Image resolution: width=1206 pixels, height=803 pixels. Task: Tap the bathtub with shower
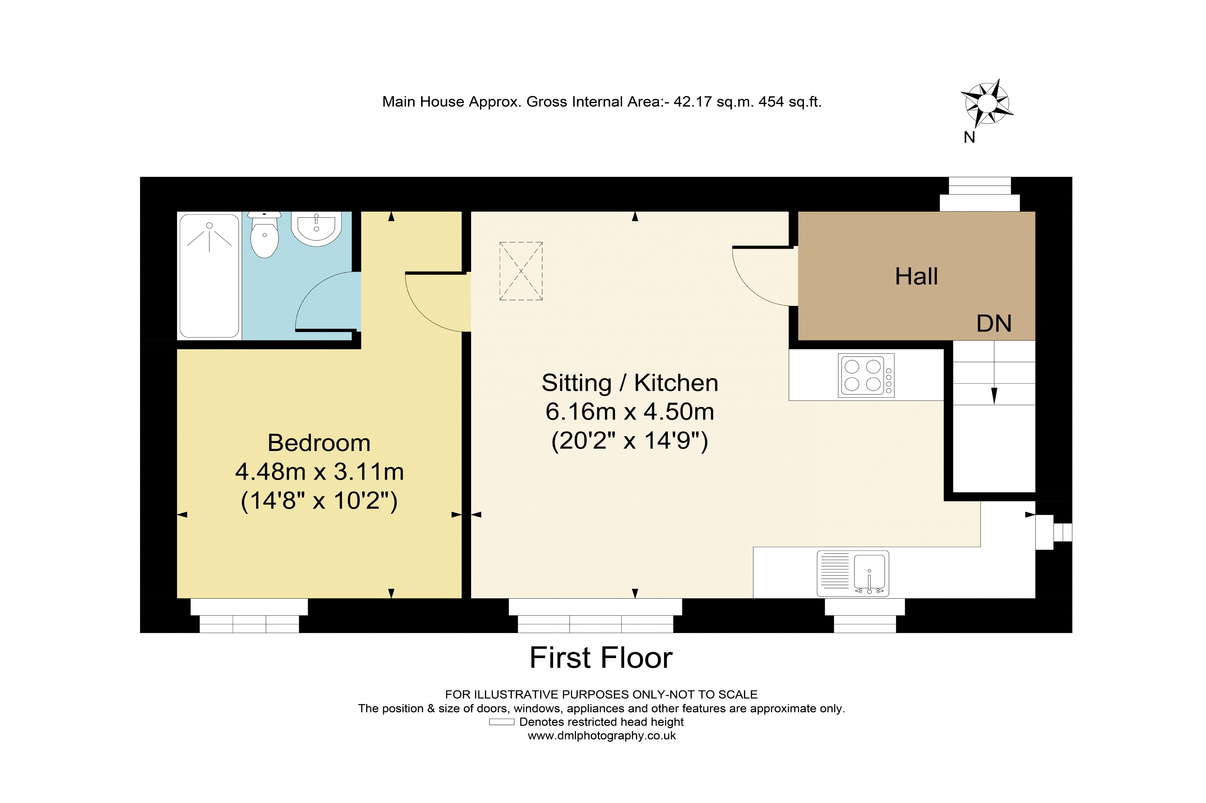(x=209, y=276)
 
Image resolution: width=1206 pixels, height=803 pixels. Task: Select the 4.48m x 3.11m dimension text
(x=319, y=472)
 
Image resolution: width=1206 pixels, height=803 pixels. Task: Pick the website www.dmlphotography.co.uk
(x=602, y=736)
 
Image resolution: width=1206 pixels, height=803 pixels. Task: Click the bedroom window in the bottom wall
(x=249, y=616)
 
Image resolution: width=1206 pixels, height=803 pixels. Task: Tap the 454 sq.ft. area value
(x=789, y=102)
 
